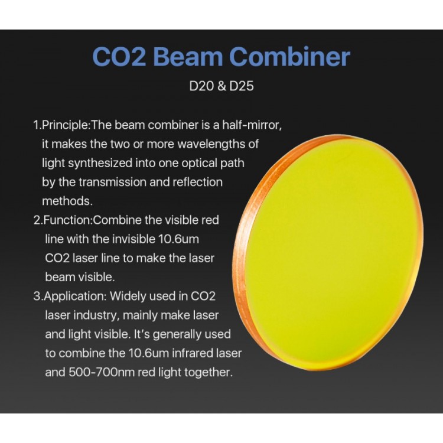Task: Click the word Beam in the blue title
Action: pyautogui.click(x=188, y=57)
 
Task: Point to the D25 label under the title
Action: pyautogui.click(x=242, y=86)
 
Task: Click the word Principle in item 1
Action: pyautogui.click(x=65, y=125)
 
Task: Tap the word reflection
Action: pyautogui.click(x=197, y=183)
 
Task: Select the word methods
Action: pyautogui.click(x=67, y=201)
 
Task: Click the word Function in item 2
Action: pyautogui.click(x=67, y=220)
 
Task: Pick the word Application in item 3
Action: pyautogui.click(x=75, y=297)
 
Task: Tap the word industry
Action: pyautogui.click(x=95, y=315)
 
